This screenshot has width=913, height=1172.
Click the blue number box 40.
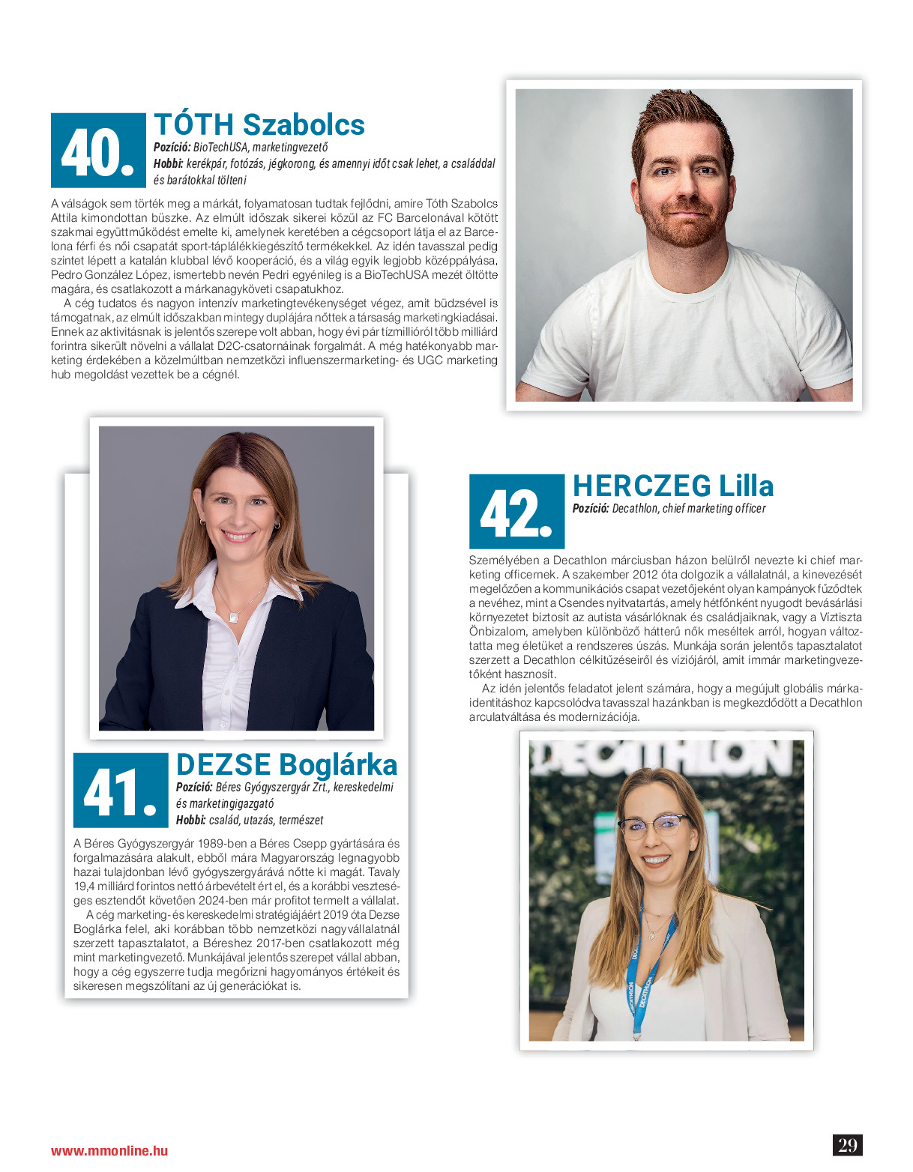coord(98,151)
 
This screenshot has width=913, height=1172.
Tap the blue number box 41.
coord(121,791)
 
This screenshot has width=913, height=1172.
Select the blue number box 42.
coord(516,512)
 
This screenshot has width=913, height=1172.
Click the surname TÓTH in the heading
coord(194,124)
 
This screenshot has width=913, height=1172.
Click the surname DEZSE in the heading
coord(223,765)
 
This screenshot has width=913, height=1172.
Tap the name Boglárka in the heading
coord(338,765)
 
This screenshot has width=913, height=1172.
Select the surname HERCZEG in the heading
coord(642,486)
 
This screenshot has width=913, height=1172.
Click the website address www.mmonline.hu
coord(109,1151)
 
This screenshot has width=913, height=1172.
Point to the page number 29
coord(848,1145)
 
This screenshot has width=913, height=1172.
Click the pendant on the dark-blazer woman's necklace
coord(235,617)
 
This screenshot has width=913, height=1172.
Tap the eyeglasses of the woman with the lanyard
coord(654,824)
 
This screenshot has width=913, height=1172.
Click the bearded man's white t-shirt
coord(686,330)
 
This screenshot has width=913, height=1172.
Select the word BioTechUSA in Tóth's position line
coord(221,148)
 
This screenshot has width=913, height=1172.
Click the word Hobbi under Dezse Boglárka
coord(190,821)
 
